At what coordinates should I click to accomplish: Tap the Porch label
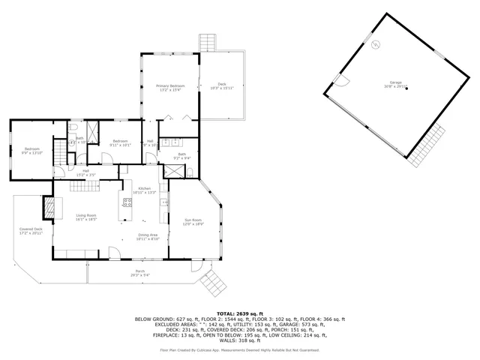click(x=139, y=273)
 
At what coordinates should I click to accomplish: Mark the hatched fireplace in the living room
click(x=49, y=207)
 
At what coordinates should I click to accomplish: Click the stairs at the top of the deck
click(x=207, y=42)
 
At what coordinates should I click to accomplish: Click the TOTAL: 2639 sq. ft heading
click(x=240, y=313)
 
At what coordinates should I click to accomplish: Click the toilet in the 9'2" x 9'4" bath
click(x=190, y=172)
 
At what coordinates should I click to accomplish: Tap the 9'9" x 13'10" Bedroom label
click(x=31, y=151)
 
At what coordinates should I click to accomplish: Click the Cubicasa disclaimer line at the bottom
click(x=240, y=349)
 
